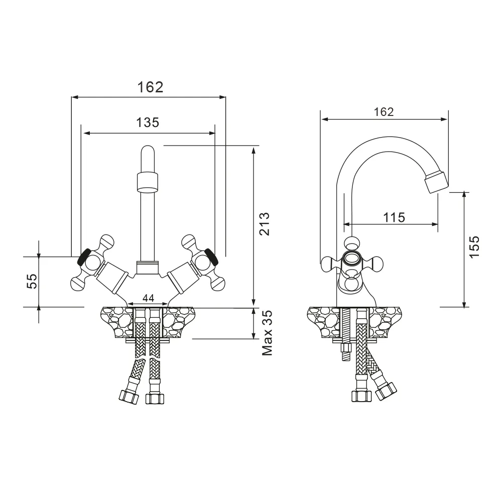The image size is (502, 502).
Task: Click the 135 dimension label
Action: click(x=148, y=122)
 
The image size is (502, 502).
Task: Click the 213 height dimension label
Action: click(x=265, y=224)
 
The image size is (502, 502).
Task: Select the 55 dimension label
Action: click(x=32, y=281)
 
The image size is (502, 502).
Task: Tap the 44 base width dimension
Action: click(x=148, y=298)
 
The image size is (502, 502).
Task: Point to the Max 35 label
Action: click(x=267, y=333)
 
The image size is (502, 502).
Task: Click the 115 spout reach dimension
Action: click(x=394, y=218)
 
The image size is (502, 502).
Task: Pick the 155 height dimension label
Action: click(x=474, y=246)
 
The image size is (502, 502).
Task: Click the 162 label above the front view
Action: click(x=150, y=87)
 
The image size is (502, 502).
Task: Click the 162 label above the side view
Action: click(x=384, y=112)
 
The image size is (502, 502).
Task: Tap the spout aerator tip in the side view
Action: click(x=437, y=182)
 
